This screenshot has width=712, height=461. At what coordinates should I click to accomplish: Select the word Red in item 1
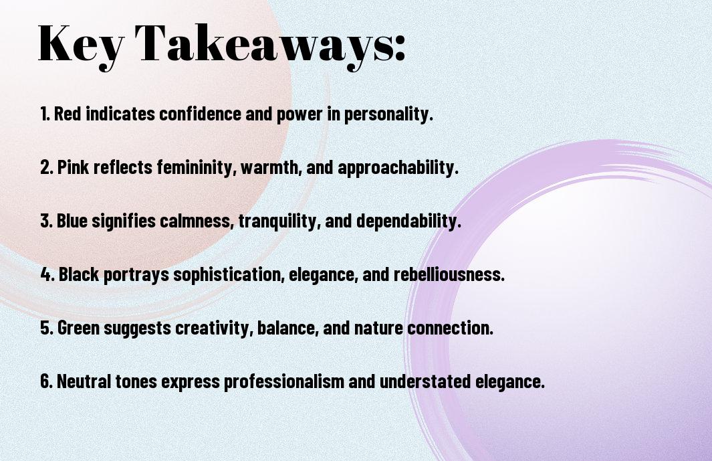click(68, 114)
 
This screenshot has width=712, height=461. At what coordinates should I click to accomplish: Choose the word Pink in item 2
click(73, 167)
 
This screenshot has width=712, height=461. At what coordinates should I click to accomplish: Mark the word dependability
click(408, 221)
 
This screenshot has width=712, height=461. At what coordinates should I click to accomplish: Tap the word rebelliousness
click(449, 274)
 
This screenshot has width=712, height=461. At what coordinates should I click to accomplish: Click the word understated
click(425, 381)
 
